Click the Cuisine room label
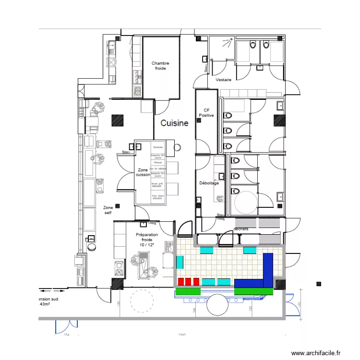tap(174, 123)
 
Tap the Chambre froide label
tap(160, 66)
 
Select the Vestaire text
tap(224, 80)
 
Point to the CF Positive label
tap(207, 113)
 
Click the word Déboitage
tap(209, 183)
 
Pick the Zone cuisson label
tap(143, 172)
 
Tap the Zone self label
tap(108, 210)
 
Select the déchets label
tap(241, 229)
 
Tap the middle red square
tap(189, 281)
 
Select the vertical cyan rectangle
tap(180, 262)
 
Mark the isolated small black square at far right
tap(318, 284)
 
